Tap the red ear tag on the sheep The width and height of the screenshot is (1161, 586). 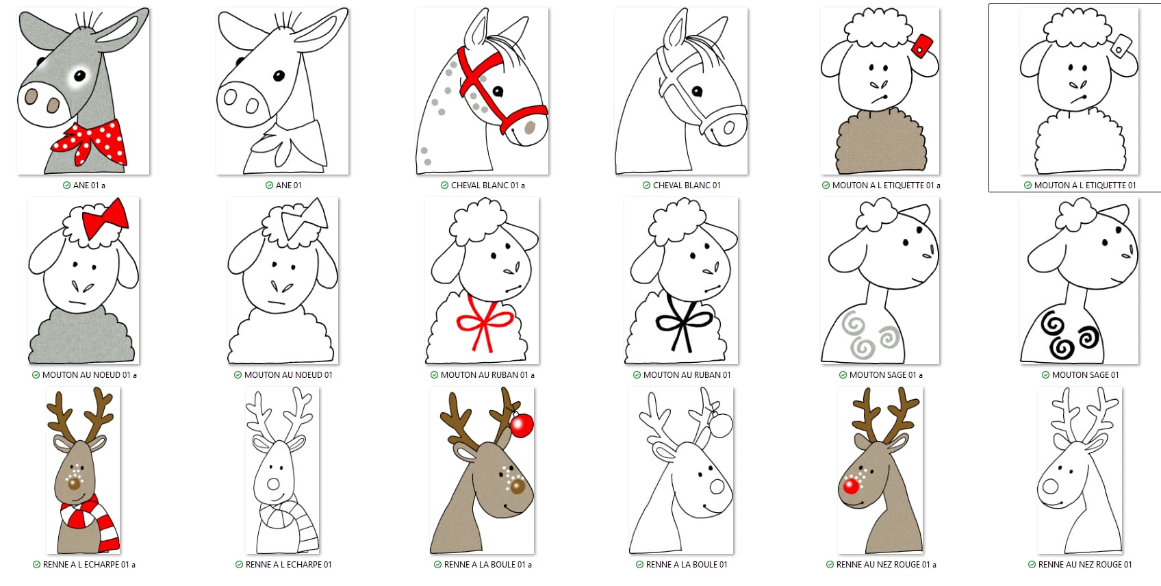pyautogui.click(x=921, y=46)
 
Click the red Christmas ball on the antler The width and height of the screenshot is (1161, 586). pyautogui.click(x=522, y=425)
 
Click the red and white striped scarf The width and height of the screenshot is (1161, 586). pyautogui.click(x=90, y=521)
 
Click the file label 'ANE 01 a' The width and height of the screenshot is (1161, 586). pyautogui.click(x=89, y=185)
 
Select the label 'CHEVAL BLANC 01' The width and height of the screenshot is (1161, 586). pyautogui.click(x=686, y=185)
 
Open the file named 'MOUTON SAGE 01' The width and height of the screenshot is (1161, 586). pyautogui.click(x=1085, y=374)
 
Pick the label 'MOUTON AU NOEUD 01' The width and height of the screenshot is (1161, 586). pyautogui.click(x=288, y=374)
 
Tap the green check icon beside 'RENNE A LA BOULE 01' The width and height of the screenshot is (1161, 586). pyautogui.click(x=639, y=564)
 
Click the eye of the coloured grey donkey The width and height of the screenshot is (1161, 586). pyautogui.click(x=79, y=76)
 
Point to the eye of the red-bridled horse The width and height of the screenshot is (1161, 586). pyautogui.click(x=498, y=92)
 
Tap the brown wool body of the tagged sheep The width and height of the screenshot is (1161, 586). pyautogui.click(x=880, y=142)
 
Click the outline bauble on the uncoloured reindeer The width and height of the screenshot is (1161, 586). pyautogui.click(x=720, y=425)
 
